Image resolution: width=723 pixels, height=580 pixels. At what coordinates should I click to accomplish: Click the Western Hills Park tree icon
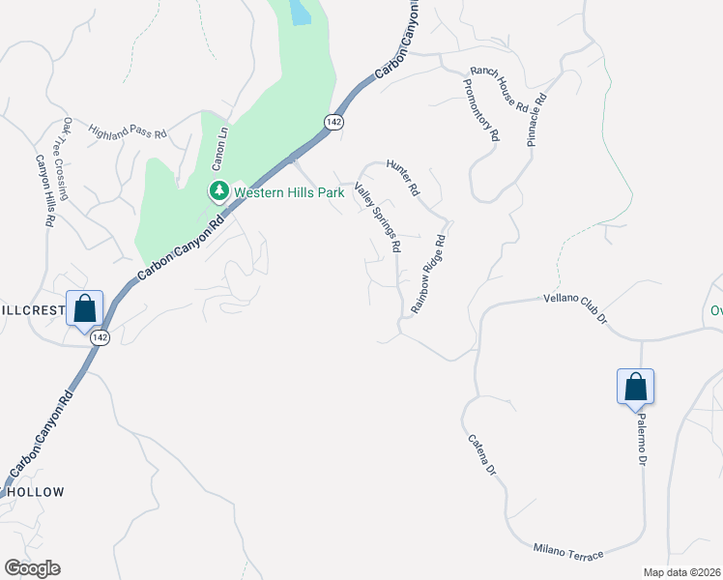coord(219,191)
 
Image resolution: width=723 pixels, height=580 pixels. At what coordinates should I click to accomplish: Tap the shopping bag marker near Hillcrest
coord(84,309)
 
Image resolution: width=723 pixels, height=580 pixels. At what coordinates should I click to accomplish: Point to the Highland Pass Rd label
coord(128,130)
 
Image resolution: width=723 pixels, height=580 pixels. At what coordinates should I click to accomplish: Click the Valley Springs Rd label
coord(378,217)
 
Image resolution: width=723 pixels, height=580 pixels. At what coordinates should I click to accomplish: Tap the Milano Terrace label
coord(568,551)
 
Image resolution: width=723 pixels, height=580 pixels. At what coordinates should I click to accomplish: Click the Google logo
coord(32,568)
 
